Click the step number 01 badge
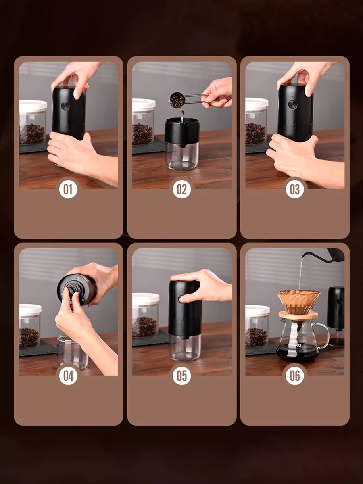coord(68,189)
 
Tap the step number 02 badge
coord(181,189)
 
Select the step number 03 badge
coord(295,189)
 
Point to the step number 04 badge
coord(68,376)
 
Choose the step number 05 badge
coord(181,376)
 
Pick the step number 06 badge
coord(295,376)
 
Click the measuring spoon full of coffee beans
coord(177,100)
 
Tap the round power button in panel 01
coord(65,106)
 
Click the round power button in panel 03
coord(293,104)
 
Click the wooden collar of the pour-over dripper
coord(298,315)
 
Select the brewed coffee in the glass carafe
coord(298,353)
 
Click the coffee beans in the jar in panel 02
coord(142,134)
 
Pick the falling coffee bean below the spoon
coord(183,113)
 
